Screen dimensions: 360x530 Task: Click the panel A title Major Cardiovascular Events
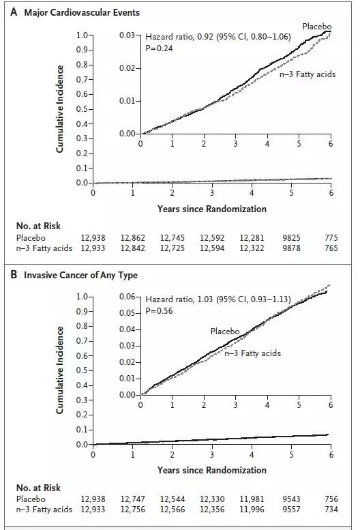82,13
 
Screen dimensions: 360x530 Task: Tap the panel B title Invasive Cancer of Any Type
80,275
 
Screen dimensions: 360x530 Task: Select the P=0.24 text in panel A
159,48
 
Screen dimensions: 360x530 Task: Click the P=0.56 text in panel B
159,310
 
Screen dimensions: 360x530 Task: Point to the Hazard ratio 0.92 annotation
218,37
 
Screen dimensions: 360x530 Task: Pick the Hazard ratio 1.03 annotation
218,299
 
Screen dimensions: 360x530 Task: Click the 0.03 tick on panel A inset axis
127,35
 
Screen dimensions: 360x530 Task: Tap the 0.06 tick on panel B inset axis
127,297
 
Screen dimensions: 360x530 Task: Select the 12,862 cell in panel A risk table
133,238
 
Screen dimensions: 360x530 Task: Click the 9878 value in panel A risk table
291,248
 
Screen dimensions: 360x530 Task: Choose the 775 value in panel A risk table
331,238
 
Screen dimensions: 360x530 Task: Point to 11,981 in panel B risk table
252,499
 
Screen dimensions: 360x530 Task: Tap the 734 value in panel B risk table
331,509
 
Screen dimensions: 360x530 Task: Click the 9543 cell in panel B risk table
291,499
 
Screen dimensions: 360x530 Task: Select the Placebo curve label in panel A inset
317,27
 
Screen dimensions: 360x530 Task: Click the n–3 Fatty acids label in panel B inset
252,353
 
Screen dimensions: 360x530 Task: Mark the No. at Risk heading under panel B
38,488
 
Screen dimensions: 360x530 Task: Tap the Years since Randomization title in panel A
212,209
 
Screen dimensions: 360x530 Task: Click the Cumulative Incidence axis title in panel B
60,370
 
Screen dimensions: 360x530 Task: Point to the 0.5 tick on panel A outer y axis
82,109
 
